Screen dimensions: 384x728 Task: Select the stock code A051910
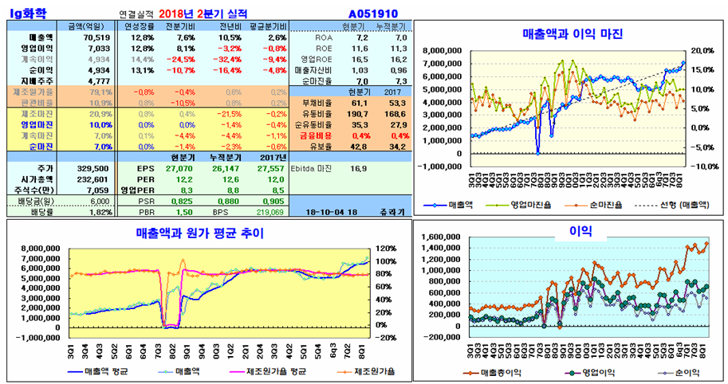[x=374, y=14]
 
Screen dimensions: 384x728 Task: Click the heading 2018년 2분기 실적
[x=203, y=14]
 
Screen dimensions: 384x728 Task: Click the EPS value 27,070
[x=179, y=169]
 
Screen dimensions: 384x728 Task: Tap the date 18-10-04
[x=328, y=213]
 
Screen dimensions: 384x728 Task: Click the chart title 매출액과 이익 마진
[x=572, y=34]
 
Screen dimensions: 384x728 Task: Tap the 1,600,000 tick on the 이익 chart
[x=443, y=237]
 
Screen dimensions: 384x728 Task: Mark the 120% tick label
[x=383, y=248]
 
